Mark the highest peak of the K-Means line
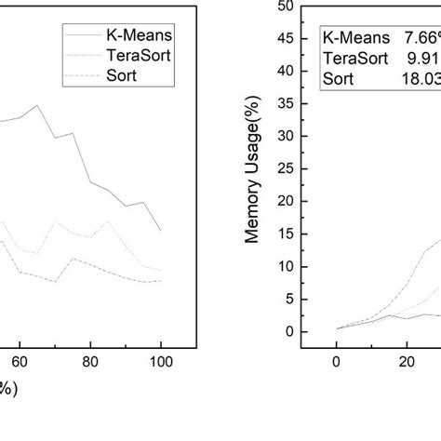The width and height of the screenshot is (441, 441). pos(37,105)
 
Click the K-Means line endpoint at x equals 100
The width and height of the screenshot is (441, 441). pos(161,230)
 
